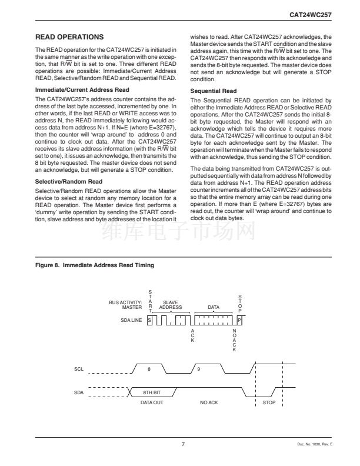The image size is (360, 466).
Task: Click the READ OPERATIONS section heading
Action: (69, 37)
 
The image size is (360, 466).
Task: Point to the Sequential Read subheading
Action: (214, 91)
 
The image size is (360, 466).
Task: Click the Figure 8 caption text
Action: (95, 265)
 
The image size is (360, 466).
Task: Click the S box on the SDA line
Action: (150, 319)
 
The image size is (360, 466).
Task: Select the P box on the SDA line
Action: (239, 319)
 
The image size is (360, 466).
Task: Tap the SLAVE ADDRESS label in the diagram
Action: (171, 305)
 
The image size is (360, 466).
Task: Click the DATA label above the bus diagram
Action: (215, 307)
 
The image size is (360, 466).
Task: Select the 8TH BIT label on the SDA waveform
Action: (152, 391)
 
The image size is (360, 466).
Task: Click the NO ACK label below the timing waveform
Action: (209, 404)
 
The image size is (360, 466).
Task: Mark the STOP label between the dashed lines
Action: (269, 404)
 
